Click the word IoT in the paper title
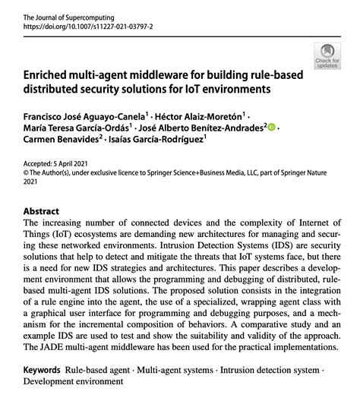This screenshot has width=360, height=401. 214,90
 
